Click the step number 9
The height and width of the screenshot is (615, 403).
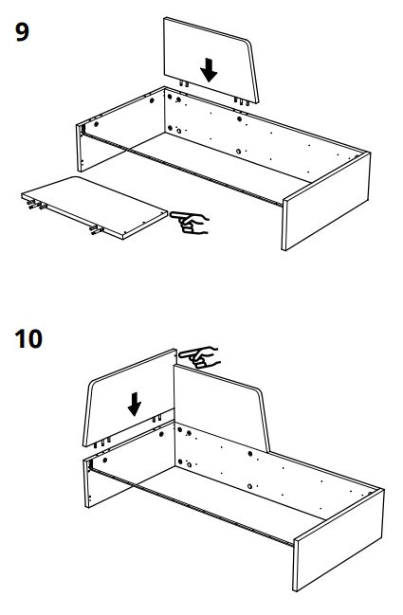pyautogui.click(x=22, y=32)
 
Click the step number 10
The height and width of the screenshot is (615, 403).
pyautogui.click(x=28, y=339)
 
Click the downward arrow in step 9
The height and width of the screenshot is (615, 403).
pyautogui.click(x=209, y=70)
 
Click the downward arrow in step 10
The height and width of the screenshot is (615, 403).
pyautogui.click(x=135, y=404)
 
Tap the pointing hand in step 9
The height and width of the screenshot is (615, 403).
pyautogui.click(x=190, y=223)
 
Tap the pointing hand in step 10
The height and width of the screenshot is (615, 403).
pyautogui.click(x=199, y=357)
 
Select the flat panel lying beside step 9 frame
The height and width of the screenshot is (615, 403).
pyautogui.click(x=94, y=208)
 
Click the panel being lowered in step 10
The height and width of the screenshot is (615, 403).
pyautogui.click(x=130, y=397)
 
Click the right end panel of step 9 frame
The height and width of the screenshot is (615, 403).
pyautogui.click(x=325, y=201)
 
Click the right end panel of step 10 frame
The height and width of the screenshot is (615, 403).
pyautogui.click(x=339, y=540)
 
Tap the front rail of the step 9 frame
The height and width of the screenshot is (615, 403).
pyautogui.click(x=183, y=169)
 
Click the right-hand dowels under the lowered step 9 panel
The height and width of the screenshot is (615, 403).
pyautogui.click(x=242, y=101)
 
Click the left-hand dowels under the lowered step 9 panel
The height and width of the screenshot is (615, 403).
pyautogui.click(x=184, y=83)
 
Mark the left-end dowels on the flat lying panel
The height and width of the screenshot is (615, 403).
pyautogui.click(x=36, y=205)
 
